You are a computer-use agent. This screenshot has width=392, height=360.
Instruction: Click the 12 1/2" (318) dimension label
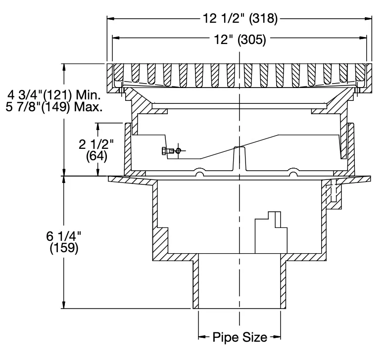(240, 18)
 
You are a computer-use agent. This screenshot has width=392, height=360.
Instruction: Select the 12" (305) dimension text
(240, 40)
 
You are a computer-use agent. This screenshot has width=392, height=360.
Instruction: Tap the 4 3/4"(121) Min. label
(54, 95)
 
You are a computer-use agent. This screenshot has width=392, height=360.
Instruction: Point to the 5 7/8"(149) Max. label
(54, 107)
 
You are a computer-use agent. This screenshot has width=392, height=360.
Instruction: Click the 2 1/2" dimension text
(96, 144)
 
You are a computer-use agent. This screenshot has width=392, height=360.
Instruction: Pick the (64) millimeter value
(97, 156)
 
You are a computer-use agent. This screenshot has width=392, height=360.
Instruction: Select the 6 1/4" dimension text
(64, 236)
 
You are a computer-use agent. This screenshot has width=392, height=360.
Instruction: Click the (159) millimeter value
(64, 248)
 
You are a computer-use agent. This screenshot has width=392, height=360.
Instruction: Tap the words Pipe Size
(240, 337)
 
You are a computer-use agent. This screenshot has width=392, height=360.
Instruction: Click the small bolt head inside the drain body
(168, 151)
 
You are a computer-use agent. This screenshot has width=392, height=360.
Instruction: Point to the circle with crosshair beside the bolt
(178, 151)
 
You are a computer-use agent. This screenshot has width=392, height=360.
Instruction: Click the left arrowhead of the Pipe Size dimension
(202, 337)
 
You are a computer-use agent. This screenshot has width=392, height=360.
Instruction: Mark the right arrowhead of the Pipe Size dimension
(277, 337)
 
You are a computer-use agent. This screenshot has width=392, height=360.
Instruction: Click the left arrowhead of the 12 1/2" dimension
(111, 18)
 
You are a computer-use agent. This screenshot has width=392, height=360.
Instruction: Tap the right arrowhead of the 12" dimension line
(363, 38)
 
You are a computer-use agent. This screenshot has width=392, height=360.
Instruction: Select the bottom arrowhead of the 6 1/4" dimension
(64, 305)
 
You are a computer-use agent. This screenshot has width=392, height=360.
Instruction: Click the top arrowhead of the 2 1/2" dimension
(98, 127)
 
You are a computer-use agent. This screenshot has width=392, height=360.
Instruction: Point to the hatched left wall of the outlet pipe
(196, 281)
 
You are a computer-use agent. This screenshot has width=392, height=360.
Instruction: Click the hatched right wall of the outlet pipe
(283, 281)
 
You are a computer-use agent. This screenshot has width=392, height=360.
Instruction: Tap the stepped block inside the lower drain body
(271, 232)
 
